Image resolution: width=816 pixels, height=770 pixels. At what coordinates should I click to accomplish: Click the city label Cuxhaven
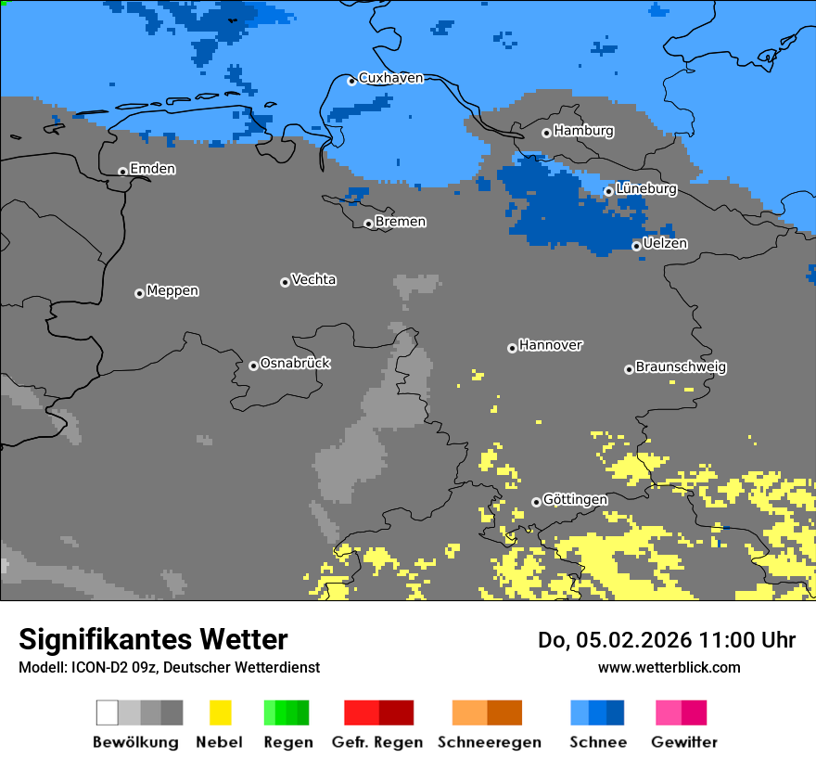pyautogui.click(x=390, y=78)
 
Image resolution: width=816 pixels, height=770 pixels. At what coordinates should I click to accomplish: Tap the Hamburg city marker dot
pyautogui.click(x=546, y=133)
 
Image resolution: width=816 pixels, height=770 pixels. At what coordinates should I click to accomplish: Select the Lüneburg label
pyautogui.click(x=646, y=189)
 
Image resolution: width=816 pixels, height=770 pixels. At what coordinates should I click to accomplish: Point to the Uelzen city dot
pyautogui.click(x=636, y=246)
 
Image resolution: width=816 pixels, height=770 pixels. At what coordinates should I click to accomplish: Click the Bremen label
pyautogui.click(x=401, y=222)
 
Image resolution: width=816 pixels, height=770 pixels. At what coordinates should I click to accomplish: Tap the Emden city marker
pyautogui.click(x=122, y=172)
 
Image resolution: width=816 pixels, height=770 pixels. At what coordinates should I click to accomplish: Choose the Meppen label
pyautogui.click(x=172, y=291)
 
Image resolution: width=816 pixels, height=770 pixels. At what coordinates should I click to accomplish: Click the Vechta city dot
pyautogui.click(x=285, y=282)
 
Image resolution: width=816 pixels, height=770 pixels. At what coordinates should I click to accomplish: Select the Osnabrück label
pyautogui.click(x=295, y=364)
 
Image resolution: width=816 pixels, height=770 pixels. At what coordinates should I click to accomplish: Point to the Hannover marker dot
pyautogui.click(x=512, y=348)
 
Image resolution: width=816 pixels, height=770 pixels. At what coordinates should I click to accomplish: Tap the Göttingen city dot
pyautogui.click(x=536, y=502)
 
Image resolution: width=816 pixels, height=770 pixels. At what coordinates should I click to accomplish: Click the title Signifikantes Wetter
pyautogui.click(x=153, y=640)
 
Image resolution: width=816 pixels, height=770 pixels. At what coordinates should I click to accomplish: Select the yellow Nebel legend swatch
pyautogui.click(x=220, y=712)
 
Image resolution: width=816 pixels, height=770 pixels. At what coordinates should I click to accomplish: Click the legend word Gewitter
pyautogui.click(x=684, y=742)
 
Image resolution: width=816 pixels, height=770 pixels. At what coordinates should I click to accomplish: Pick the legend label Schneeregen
pyautogui.click(x=490, y=742)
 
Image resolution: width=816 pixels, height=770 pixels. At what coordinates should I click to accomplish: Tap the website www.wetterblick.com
pyautogui.click(x=669, y=667)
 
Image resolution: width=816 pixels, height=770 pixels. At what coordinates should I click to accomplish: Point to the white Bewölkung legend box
pyautogui.click(x=108, y=712)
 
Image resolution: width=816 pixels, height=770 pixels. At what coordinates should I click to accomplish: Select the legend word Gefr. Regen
pyautogui.click(x=377, y=742)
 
